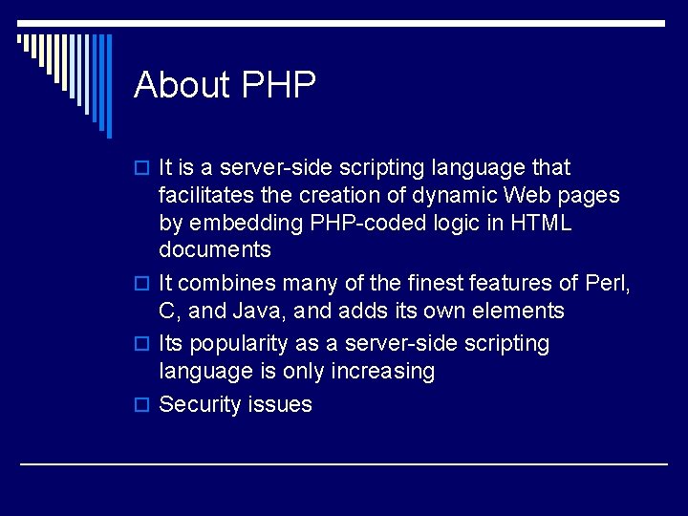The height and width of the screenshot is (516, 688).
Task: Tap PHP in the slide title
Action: (x=279, y=85)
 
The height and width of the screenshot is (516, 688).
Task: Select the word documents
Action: (x=215, y=250)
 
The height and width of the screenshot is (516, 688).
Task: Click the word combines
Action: (x=226, y=283)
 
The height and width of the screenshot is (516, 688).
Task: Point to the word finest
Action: (x=435, y=283)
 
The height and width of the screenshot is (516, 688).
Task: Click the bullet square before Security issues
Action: (x=144, y=405)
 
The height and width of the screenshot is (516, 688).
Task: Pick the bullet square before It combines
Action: (x=144, y=284)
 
